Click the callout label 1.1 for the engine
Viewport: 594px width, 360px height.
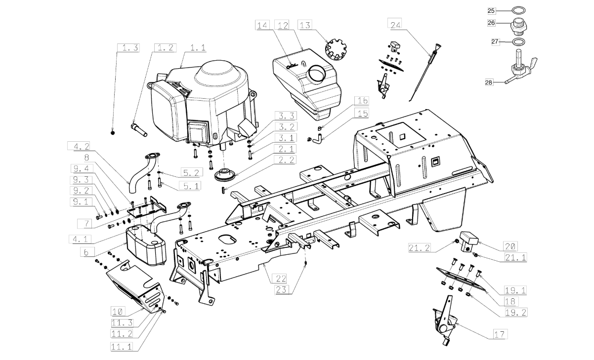[198, 48]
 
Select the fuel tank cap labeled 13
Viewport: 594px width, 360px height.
[336, 49]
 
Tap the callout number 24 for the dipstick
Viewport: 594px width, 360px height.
[395, 25]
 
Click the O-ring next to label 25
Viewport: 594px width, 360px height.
[518, 10]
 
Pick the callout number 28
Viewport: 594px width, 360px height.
[488, 82]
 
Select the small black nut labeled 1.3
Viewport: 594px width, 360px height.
[113, 132]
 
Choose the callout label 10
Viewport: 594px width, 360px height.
[118, 311]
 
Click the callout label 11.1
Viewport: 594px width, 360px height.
[122, 347]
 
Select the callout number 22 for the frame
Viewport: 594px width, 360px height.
[281, 279]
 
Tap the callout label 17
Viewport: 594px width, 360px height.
[500, 334]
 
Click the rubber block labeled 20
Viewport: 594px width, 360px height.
[468, 240]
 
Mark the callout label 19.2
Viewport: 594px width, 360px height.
[515, 312]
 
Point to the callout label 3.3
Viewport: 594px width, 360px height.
[286, 116]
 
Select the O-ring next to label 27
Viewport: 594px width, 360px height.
[519, 42]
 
